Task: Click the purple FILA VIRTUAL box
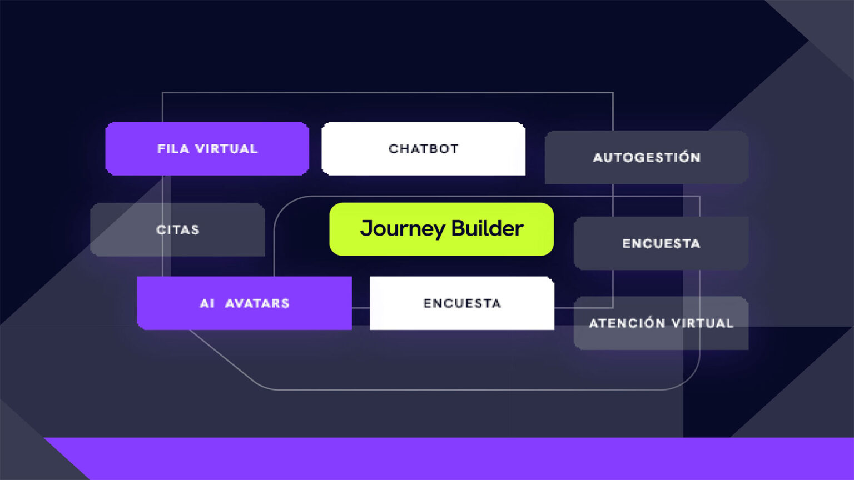(x=207, y=148)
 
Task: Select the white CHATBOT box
(x=423, y=148)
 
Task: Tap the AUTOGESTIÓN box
(x=646, y=157)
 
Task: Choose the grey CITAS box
(x=177, y=229)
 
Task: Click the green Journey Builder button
(x=441, y=229)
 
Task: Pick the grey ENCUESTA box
(x=661, y=243)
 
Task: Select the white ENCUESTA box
(x=461, y=303)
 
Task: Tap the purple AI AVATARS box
(x=244, y=303)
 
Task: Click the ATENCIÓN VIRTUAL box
(x=661, y=323)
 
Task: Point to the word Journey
(x=403, y=229)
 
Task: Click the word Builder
(x=487, y=228)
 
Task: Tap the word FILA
(x=173, y=149)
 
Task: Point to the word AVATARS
(x=257, y=303)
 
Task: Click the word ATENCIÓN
(x=627, y=323)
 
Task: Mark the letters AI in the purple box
(x=207, y=303)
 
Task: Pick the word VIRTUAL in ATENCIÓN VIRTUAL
(x=702, y=323)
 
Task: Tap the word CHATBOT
(x=423, y=149)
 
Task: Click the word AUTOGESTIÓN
(x=646, y=157)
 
